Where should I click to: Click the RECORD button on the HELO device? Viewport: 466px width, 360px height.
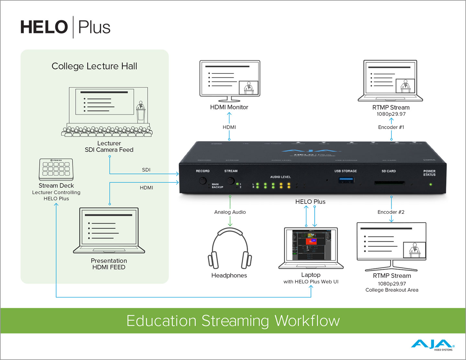click(203, 180)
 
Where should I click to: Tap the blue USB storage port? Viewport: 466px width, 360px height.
click(345, 180)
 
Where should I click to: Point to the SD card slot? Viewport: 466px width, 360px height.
click(389, 183)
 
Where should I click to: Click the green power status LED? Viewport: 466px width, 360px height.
click(430, 184)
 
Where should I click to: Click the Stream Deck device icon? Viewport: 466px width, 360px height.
click(56, 169)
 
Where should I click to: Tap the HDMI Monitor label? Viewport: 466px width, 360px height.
click(229, 107)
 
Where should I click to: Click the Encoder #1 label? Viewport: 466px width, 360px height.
click(391, 127)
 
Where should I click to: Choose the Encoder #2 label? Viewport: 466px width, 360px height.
click(391, 212)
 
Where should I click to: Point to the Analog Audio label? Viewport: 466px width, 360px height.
click(230, 212)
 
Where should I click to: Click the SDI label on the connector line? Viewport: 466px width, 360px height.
click(146, 169)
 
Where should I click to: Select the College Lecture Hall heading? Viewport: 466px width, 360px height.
click(94, 66)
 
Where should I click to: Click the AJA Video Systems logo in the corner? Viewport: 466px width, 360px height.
click(433, 345)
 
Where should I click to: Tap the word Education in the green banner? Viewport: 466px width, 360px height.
click(161, 321)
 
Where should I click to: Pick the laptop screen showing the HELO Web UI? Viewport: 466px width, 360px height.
click(311, 245)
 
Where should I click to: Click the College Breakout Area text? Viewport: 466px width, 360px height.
click(392, 290)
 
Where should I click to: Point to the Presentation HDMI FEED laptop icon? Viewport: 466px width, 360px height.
click(109, 230)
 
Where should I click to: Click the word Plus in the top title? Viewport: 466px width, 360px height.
click(94, 27)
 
